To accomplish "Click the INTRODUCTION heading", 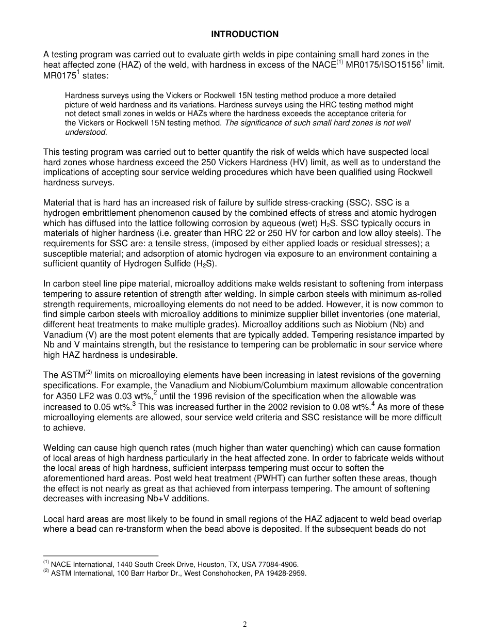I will (x=244, y=35).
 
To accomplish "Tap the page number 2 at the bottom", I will (x=245, y=624).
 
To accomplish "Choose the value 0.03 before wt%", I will (x=118, y=396).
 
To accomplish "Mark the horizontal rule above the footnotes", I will (x=101, y=555).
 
